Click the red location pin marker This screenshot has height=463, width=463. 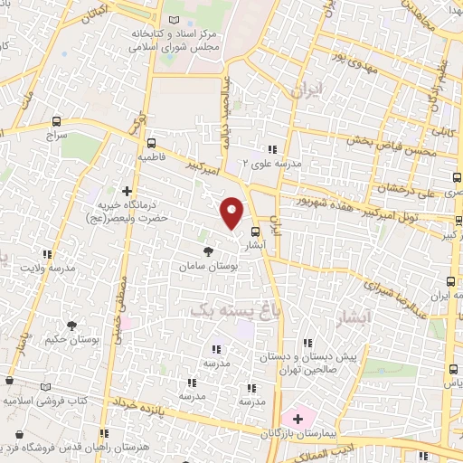[x=232, y=213]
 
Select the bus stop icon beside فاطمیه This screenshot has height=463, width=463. [x=151, y=142]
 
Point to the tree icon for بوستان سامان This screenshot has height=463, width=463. [x=209, y=249]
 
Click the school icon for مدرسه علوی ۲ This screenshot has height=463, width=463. [x=269, y=150]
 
